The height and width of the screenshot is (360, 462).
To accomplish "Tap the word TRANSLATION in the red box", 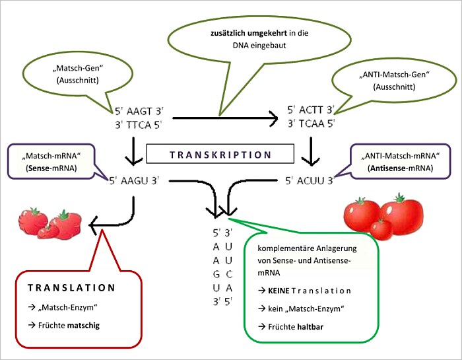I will (x=71, y=288).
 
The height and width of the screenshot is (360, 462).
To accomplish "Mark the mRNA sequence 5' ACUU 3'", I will (x=312, y=179).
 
